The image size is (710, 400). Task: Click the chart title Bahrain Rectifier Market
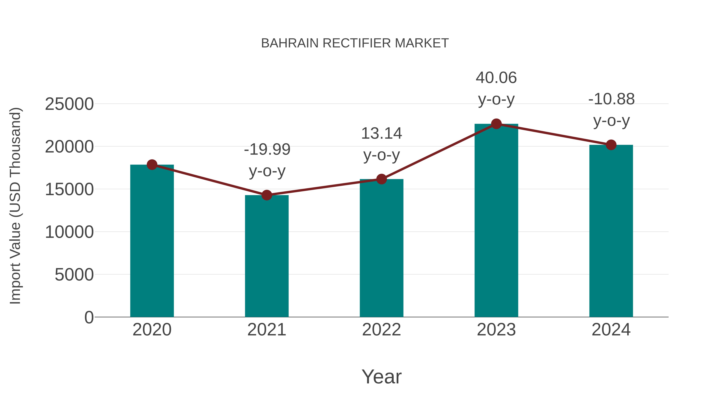(355, 43)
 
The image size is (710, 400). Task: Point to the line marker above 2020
(152, 165)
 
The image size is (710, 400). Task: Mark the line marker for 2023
(496, 124)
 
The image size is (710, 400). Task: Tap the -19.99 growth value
(267, 150)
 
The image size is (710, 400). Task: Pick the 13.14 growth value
(381, 134)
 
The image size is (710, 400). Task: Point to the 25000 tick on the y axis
(69, 104)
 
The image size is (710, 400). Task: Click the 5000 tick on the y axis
(74, 275)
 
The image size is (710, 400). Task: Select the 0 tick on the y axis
(89, 317)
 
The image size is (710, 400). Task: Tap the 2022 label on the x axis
(381, 330)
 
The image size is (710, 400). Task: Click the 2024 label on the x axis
(611, 330)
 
